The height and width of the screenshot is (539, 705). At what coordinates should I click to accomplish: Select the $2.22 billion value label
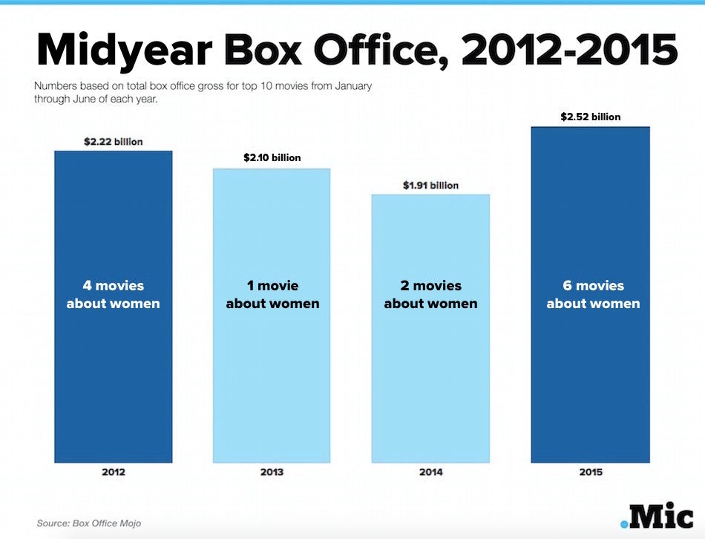(113, 141)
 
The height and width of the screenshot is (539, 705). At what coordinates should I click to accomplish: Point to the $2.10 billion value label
(272, 158)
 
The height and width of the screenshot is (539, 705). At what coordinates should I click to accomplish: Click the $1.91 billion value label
(430, 185)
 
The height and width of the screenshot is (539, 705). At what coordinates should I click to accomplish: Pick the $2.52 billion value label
(591, 117)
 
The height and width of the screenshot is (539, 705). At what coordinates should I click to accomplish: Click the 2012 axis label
(113, 472)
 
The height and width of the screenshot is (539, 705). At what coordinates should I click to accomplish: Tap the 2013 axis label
(272, 472)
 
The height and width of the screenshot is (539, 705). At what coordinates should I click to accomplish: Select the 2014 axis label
(430, 472)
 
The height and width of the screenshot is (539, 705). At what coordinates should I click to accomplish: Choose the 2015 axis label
(591, 472)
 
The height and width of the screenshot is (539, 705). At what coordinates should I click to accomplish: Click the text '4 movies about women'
(113, 295)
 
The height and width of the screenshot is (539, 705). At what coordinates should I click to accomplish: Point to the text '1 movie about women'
(272, 295)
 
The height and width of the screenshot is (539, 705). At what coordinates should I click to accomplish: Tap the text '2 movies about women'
(430, 295)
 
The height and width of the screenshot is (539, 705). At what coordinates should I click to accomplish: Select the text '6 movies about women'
(593, 295)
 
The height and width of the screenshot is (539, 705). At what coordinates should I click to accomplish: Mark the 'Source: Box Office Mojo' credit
(89, 523)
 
